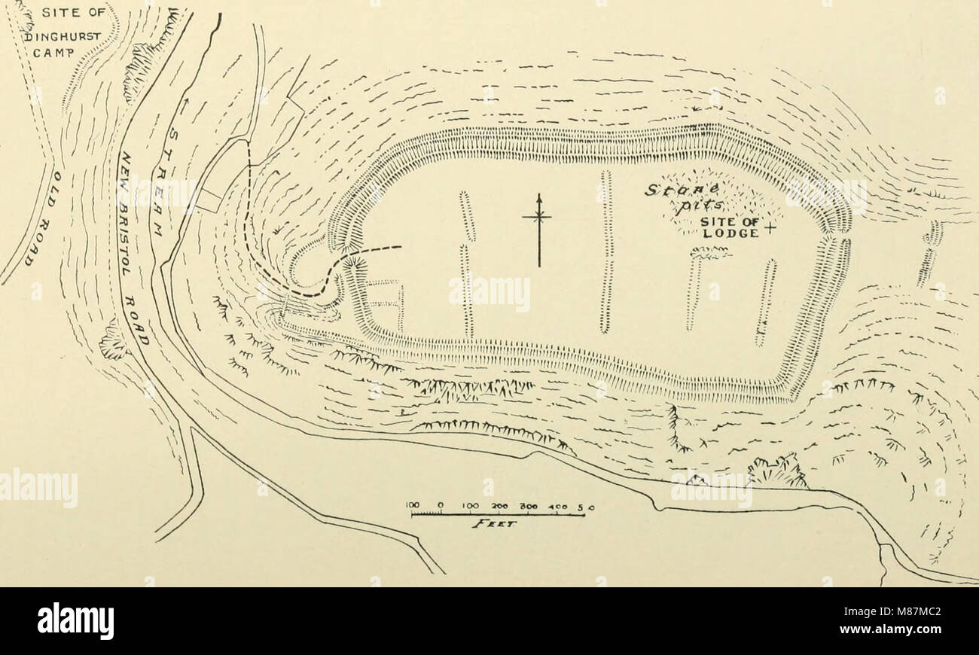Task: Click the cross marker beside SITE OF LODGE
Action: [769, 227]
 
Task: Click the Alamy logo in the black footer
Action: [75, 621]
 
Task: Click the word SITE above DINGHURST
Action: [56, 14]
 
